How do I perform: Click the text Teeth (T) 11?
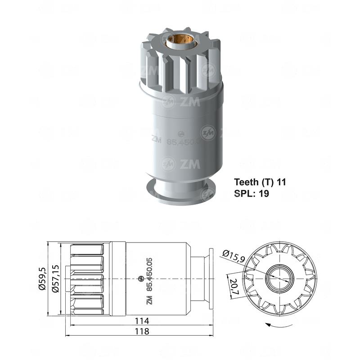260,182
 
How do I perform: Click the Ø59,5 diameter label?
43,279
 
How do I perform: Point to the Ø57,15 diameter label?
55,279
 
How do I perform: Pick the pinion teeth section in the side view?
88,279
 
